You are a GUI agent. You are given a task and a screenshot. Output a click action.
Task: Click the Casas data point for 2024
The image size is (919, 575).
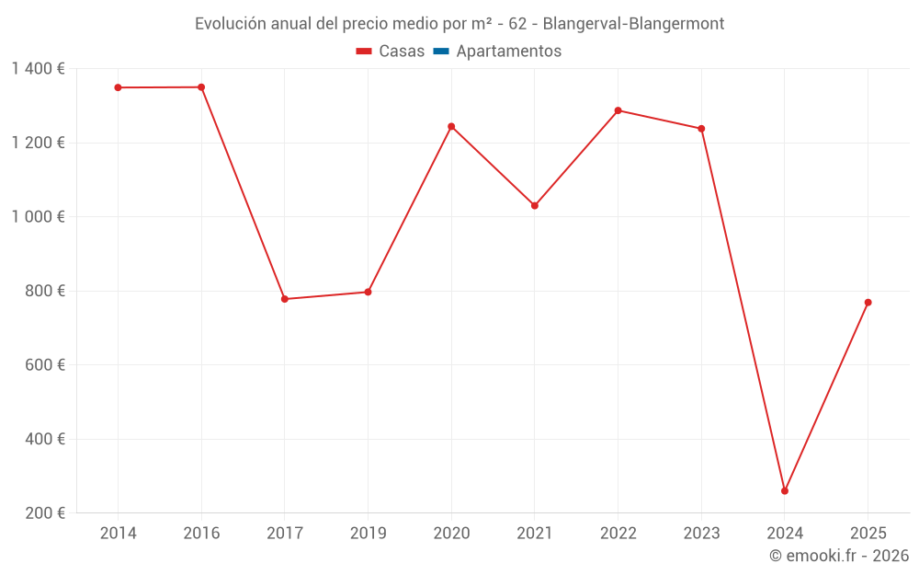click(x=784, y=490)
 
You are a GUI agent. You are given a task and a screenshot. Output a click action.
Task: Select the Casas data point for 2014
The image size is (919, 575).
click(x=118, y=87)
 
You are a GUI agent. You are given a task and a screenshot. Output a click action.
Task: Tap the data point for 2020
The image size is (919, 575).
click(x=451, y=126)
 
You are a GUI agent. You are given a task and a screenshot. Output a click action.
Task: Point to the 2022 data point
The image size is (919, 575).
click(x=618, y=110)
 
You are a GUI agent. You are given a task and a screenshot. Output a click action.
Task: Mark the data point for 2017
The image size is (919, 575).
click(x=285, y=299)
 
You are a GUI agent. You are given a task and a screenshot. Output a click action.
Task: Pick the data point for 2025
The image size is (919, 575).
click(x=868, y=303)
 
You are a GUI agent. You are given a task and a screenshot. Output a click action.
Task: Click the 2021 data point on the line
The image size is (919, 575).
click(x=535, y=205)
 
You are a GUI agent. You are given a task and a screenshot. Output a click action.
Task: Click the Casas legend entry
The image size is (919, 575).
click(x=391, y=52)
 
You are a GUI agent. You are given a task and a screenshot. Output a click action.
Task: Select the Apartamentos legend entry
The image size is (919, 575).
click(x=497, y=52)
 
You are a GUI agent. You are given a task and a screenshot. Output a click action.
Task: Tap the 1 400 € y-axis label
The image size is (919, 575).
click(x=38, y=69)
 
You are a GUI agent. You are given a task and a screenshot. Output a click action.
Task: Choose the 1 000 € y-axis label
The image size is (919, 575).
click(x=38, y=217)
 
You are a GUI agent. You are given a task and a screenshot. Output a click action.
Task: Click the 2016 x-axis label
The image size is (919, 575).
click(x=201, y=534)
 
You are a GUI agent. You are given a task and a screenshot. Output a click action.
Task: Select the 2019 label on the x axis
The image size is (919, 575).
click(x=368, y=534)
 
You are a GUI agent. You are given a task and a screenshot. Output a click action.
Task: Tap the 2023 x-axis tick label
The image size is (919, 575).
click(x=701, y=534)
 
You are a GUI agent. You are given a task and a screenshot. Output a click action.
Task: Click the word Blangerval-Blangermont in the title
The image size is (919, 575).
click(x=633, y=23)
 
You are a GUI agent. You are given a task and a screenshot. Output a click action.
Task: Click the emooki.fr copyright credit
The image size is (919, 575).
click(x=839, y=556)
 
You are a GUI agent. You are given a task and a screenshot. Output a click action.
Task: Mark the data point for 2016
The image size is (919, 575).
click(x=201, y=87)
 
